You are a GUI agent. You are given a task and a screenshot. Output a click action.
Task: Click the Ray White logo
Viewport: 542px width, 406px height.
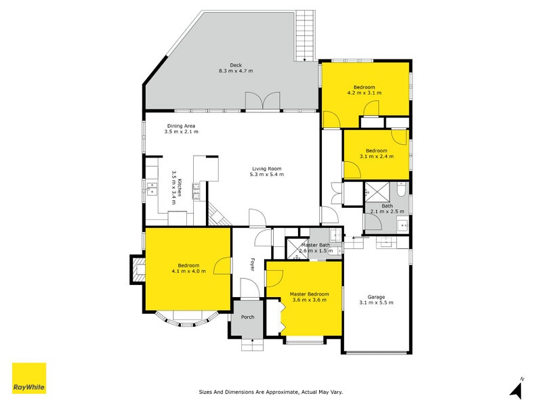pyautogui.click(x=29, y=378)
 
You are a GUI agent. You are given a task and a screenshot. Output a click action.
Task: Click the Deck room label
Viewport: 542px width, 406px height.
pyautogui.click(x=236, y=65)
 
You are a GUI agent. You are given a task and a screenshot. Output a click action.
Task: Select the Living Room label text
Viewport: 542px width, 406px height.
pyautogui.click(x=266, y=168)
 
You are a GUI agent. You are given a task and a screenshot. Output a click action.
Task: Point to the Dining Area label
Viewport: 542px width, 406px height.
pyautogui.click(x=181, y=126)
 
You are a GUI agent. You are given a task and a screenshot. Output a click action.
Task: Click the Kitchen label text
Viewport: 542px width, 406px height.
pyautogui.click(x=180, y=187)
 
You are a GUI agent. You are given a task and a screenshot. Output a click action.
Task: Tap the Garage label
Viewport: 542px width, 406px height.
pyautogui.click(x=376, y=297)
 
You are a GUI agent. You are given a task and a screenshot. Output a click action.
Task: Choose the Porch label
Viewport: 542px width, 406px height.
pyautogui.click(x=247, y=317)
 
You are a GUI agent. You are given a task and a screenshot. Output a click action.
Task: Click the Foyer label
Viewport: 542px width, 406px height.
pyautogui.click(x=253, y=265)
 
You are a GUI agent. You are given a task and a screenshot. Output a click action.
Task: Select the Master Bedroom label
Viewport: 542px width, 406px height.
pyautogui.click(x=310, y=294)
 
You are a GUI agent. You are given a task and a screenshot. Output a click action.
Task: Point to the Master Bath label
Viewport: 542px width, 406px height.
pyautogui.click(x=316, y=245)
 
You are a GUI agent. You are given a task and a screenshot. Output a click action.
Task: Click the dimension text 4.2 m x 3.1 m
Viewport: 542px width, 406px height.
pyautogui.click(x=364, y=93)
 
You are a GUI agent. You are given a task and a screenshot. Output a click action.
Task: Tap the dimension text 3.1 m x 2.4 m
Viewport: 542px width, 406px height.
pyautogui.click(x=377, y=156)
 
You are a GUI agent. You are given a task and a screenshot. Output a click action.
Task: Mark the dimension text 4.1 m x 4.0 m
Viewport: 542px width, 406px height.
pyautogui.click(x=188, y=271)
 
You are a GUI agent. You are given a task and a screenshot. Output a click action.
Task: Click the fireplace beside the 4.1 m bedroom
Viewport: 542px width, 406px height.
pyautogui.click(x=138, y=269)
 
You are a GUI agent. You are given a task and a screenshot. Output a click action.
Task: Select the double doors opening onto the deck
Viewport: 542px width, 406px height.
pyautogui.click(x=263, y=101)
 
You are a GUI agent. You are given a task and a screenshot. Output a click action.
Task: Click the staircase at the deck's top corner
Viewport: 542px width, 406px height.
pyautogui.click(x=306, y=36)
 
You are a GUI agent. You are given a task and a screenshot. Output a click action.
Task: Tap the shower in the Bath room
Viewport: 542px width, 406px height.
pyautogui.click(x=377, y=191)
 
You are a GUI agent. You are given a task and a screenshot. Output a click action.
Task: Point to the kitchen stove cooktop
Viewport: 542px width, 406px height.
pyautogui.click(x=196, y=191)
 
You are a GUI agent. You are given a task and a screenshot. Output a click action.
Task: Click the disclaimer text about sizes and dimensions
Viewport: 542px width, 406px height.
pyautogui.click(x=271, y=392)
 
